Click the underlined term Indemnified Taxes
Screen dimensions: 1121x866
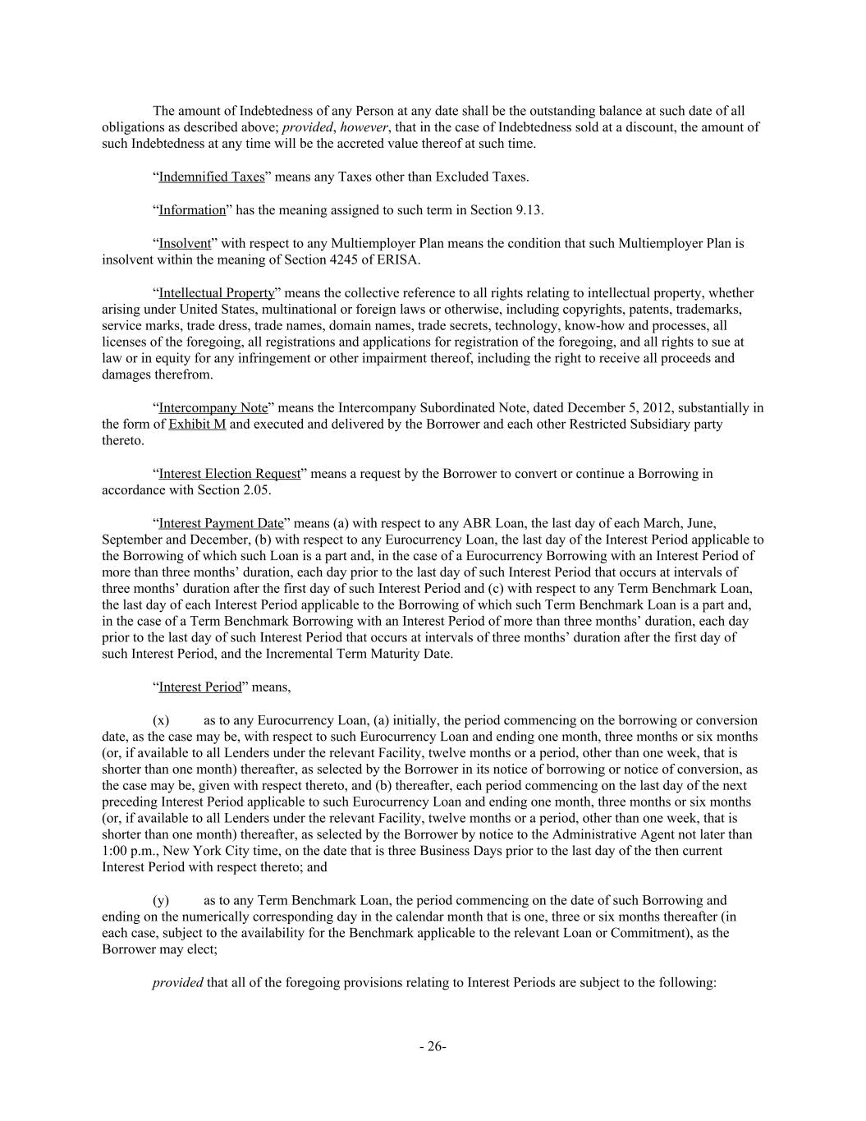tap(212, 177)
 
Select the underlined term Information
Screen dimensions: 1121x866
tap(192, 210)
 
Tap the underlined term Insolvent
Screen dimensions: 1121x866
tap(185, 244)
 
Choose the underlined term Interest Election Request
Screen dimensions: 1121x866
tap(230, 474)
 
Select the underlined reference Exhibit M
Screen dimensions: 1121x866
tap(197, 425)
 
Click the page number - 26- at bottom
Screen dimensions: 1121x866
tap(433, 1046)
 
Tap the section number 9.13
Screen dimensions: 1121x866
tap(529, 210)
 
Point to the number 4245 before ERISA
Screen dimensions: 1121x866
tap(372, 260)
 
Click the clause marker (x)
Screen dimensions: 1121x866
tap(161, 720)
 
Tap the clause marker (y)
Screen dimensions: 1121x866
tap(161, 901)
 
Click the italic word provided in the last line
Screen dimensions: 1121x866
tap(177, 982)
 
